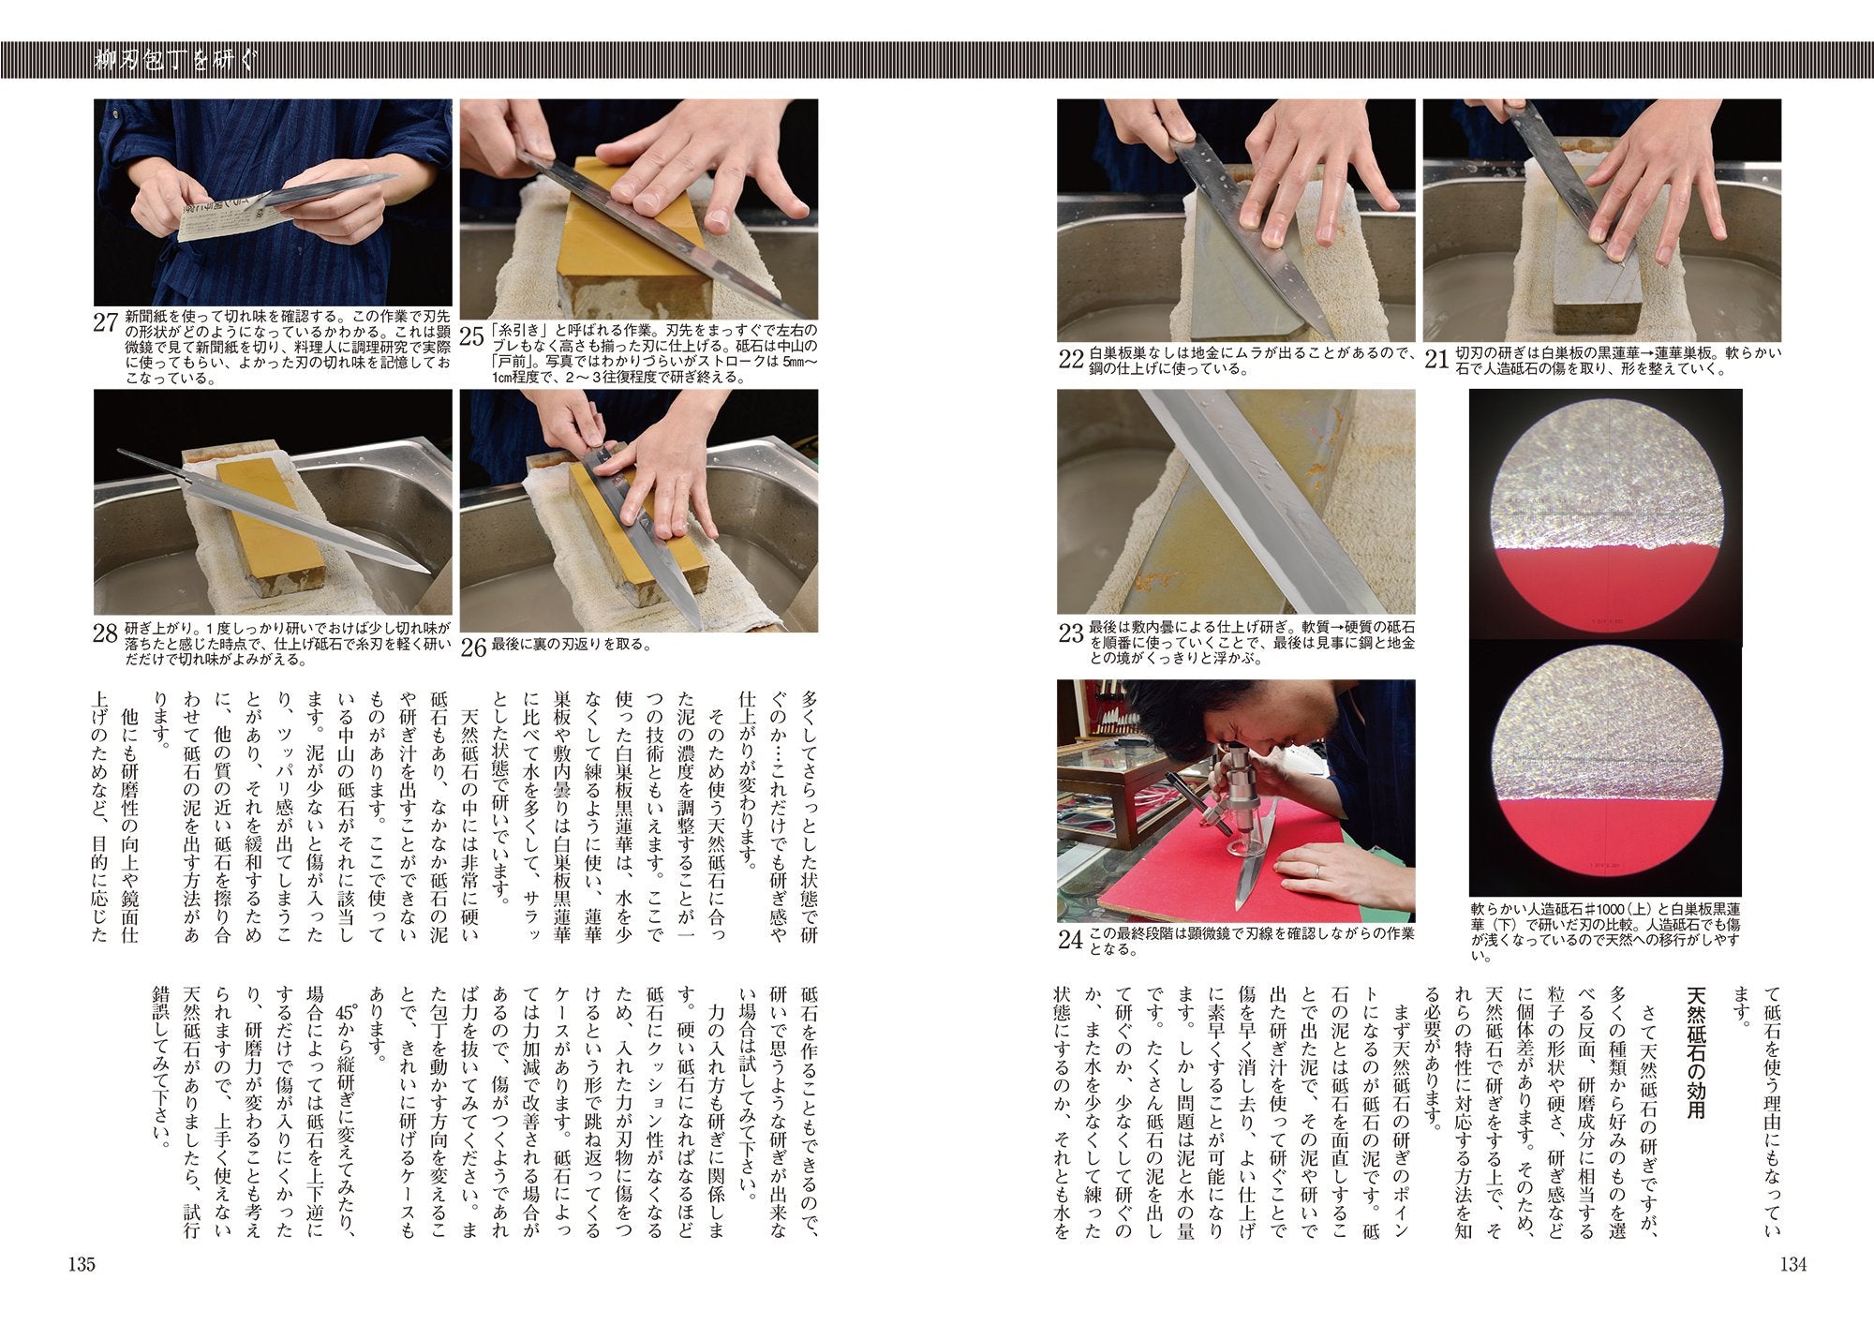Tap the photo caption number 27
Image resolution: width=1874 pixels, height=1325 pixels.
coord(106,323)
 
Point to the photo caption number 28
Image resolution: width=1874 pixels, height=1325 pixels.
coord(106,633)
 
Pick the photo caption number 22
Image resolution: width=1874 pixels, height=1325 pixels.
coord(1071,360)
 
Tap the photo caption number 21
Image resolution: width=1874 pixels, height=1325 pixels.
coord(1437,360)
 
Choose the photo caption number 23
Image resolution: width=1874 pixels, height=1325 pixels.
coord(1071,633)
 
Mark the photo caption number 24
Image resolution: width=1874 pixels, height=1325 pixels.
coord(1071,940)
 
